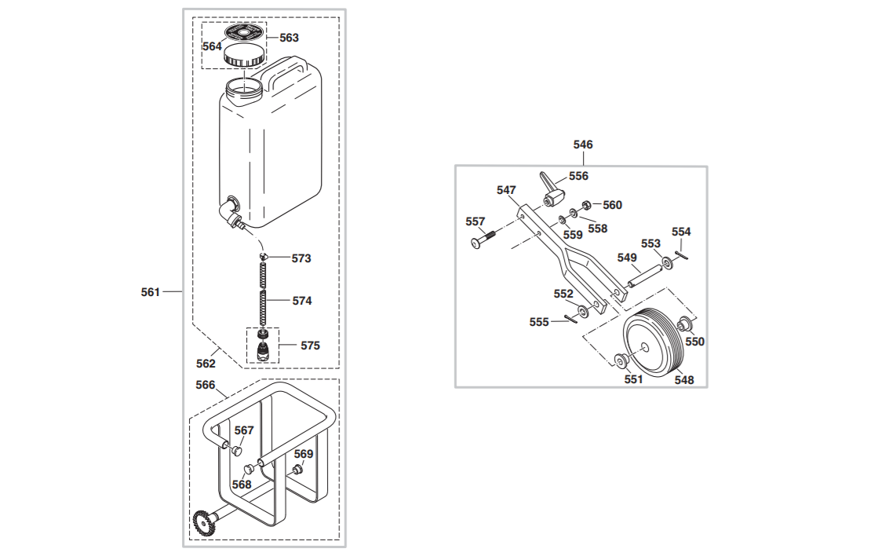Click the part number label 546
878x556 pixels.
[582, 144]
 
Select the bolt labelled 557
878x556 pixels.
[484, 239]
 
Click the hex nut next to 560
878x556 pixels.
[586, 205]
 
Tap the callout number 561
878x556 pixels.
[150, 292]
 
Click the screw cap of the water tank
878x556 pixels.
[243, 56]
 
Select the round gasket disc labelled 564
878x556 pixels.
[245, 32]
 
